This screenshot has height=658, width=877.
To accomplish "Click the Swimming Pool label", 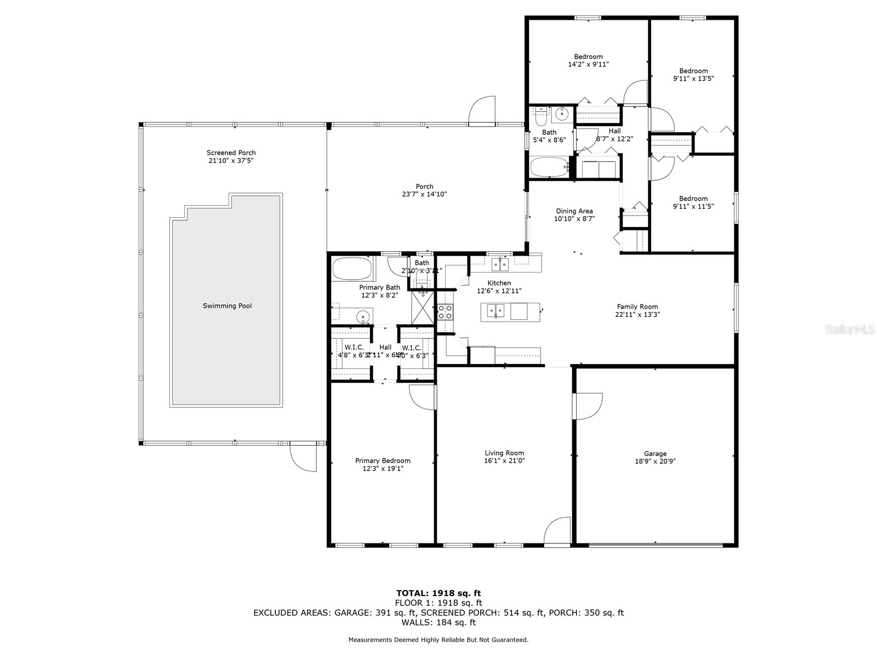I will coord(227,306).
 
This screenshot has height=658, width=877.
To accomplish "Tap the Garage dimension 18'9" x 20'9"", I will coord(655,461).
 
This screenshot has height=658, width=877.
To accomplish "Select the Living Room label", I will coord(504,453).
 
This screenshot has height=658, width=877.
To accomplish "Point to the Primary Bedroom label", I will coord(383,461).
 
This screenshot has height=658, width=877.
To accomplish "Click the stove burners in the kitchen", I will coord(445,311).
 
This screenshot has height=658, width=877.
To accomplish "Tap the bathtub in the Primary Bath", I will coord(352,269).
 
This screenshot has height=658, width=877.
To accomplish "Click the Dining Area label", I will coord(574,211).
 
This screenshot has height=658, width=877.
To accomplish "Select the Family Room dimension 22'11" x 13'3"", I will coord(637,315).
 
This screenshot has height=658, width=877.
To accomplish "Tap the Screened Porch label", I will coord(231,153).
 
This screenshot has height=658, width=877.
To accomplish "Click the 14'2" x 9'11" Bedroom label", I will coord(588,60).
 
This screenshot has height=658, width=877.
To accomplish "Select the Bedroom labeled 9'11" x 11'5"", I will coord(693,202).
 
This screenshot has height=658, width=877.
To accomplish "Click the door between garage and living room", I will coord(588,406).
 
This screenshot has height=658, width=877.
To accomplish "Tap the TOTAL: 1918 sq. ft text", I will coord(438,593).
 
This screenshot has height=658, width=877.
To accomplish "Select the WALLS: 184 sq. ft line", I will coord(438,622).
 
